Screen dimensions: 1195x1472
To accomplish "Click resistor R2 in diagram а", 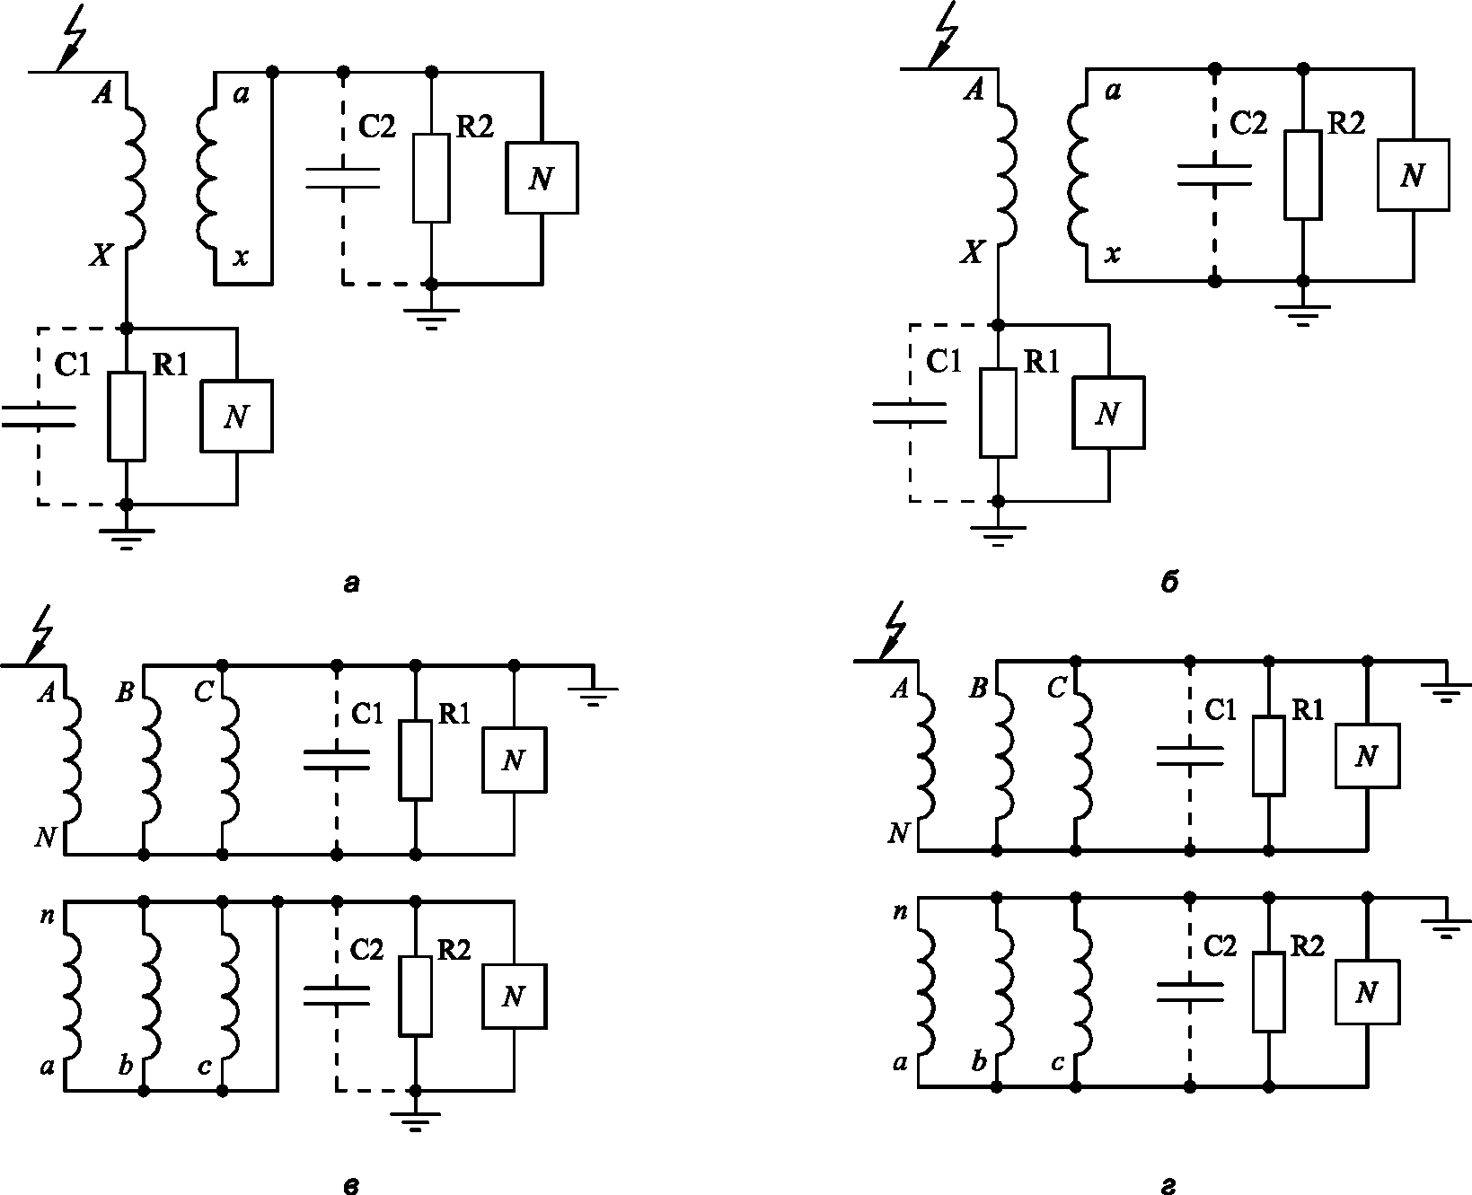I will point(431,177).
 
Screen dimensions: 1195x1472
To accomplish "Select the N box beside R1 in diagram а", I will point(236,416).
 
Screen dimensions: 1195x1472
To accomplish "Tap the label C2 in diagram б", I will point(1247,123).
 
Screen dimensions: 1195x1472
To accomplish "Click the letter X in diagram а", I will point(101,257).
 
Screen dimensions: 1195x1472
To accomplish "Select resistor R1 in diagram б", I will point(999,412).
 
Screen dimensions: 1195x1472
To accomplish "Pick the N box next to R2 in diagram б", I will point(1413,175).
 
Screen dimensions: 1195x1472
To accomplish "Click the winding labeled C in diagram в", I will point(229,760).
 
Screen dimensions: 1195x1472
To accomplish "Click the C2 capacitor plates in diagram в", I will point(337,995).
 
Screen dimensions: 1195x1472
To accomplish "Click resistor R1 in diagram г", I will point(1268,755).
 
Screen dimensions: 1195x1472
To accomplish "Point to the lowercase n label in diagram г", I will point(900,913).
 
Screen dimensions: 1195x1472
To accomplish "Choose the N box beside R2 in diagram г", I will point(1367,992).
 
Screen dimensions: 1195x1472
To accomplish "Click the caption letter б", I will point(1168,584).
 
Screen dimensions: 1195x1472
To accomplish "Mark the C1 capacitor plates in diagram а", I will point(38,416).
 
